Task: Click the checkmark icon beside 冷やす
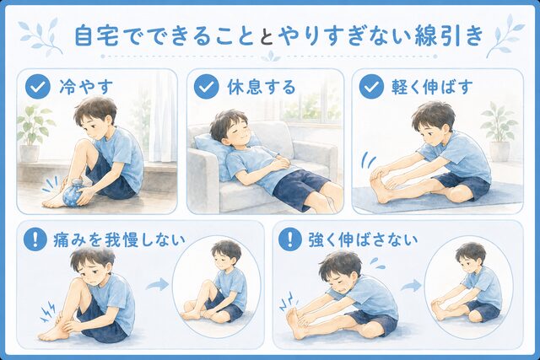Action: tap(37, 87)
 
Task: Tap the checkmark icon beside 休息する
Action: tap(206, 87)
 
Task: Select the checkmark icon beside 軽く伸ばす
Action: tap(371, 87)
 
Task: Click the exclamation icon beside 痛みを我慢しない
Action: tap(35, 239)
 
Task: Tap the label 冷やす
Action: tap(86, 87)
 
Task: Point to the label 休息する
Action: tap(262, 87)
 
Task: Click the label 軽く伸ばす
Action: tap(432, 87)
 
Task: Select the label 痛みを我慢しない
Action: tap(119, 239)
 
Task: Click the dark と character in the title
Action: tap(268, 35)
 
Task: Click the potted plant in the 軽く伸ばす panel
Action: tap(499, 132)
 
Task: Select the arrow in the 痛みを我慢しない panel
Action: tap(158, 284)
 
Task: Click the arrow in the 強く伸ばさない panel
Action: tap(411, 285)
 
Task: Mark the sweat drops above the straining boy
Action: tap(378, 263)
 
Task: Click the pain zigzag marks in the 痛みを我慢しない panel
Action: tap(47, 312)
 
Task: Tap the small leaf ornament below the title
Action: tap(270, 56)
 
